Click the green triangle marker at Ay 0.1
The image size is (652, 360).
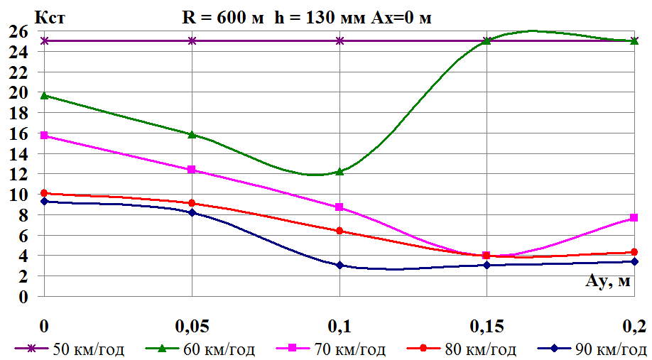tap(339, 171)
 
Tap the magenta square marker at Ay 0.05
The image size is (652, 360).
tap(192, 170)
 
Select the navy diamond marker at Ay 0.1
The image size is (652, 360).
tap(339, 265)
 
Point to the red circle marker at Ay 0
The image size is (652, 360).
tap(45, 193)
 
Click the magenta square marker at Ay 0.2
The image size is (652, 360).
tap(634, 218)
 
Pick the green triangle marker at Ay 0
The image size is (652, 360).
tap(45, 95)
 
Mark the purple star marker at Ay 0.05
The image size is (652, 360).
tap(192, 40)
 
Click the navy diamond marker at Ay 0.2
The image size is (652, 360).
tap(634, 261)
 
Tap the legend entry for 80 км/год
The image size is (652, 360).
tap(462, 349)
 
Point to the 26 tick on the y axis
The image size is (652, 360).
tap(18, 31)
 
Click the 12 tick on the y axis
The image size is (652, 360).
tap(18, 174)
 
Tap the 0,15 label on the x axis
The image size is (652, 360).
tap(487, 326)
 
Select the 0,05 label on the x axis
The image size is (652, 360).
tap(192, 326)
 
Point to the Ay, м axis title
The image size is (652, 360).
tap(607, 282)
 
